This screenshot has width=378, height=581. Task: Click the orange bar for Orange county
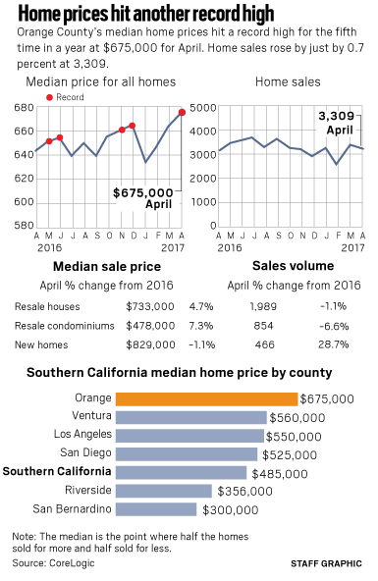click(206, 399)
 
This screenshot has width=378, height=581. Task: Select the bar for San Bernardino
click(156, 509)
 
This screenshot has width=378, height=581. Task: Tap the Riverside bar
click(164, 491)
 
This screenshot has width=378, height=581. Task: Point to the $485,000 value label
click(280, 474)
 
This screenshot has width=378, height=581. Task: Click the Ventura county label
click(91, 415)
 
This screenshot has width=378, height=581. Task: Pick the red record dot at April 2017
click(182, 112)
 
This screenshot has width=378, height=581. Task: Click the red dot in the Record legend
click(49, 97)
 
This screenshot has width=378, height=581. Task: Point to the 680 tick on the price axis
click(24, 107)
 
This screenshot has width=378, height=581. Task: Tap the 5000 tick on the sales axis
click(202, 107)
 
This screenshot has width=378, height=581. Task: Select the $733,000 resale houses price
click(150, 306)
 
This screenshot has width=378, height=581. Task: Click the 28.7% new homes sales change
click(334, 344)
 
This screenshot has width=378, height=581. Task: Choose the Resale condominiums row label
click(65, 326)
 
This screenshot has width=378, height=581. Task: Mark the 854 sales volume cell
click(263, 326)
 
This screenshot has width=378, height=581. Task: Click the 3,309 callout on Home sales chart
click(337, 116)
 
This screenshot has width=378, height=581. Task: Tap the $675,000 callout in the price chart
click(143, 192)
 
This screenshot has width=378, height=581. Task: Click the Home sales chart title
click(288, 81)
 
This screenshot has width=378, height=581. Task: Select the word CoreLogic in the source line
click(72, 563)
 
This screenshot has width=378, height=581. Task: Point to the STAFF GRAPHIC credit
click(326, 563)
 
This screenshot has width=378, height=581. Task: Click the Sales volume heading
click(294, 266)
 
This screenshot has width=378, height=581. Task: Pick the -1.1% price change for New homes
click(202, 344)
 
